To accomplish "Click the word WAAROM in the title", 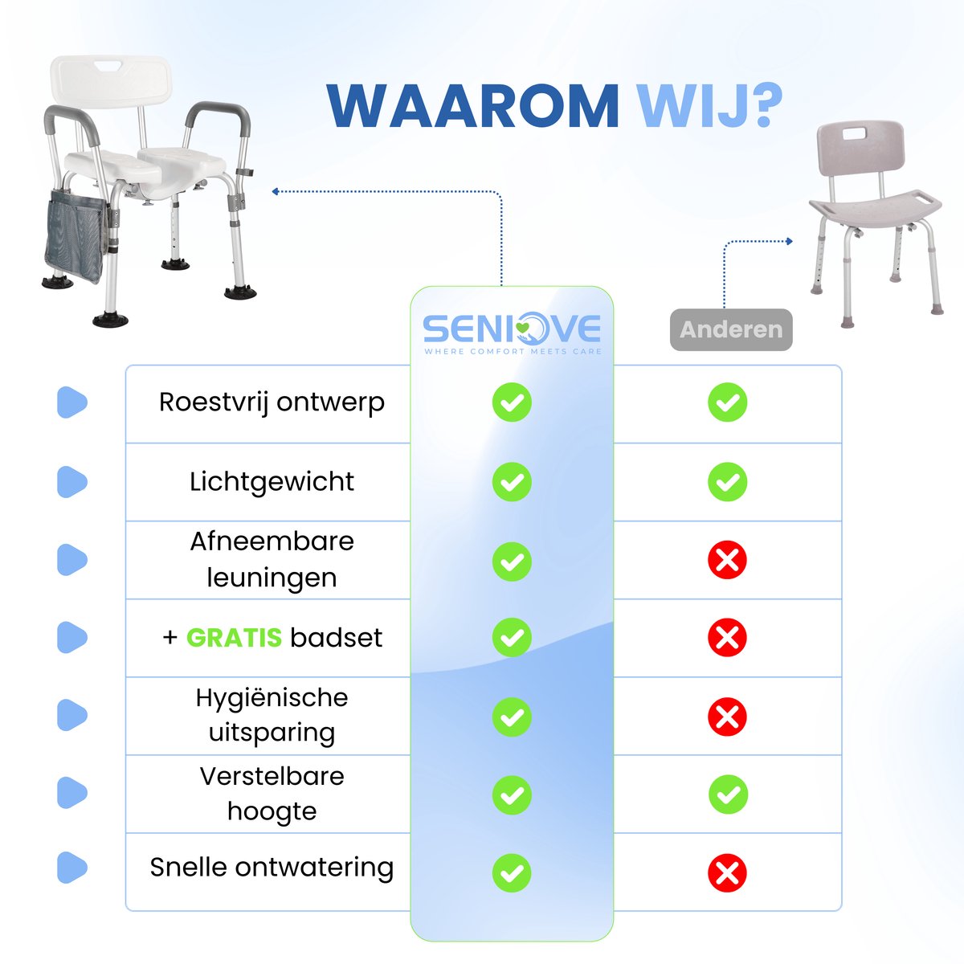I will (472, 105).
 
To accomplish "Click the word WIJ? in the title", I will (709, 105).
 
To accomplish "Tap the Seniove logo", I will (512, 332).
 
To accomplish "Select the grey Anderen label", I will (731, 329).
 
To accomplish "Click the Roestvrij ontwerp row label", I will (272, 402).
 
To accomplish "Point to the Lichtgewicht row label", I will (272, 481).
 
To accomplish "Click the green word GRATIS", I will (234, 638).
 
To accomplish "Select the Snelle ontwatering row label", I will (272, 868).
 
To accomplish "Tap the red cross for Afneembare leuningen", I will (727, 560).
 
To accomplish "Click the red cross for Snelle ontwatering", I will (727, 873).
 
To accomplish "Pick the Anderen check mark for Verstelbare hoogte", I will (728, 794).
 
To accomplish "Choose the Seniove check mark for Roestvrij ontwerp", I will (512, 402).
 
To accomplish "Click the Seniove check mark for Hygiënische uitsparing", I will (512, 717).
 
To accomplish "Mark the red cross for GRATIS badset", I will (727, 638).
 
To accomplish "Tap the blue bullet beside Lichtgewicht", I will (71, 482).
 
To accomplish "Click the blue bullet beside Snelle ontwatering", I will (71, 868).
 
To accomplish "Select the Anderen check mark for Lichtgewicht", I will (727, 482).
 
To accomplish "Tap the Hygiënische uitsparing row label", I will (272, 715).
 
